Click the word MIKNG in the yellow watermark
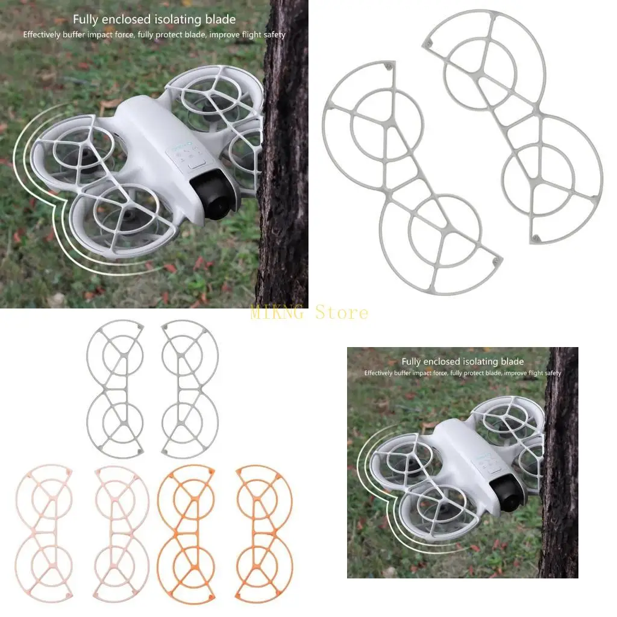(x=278, y=313)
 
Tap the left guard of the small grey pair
(x=115, y=389)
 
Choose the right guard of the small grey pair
(x=190, y=389)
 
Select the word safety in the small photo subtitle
(x=551, y=373)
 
